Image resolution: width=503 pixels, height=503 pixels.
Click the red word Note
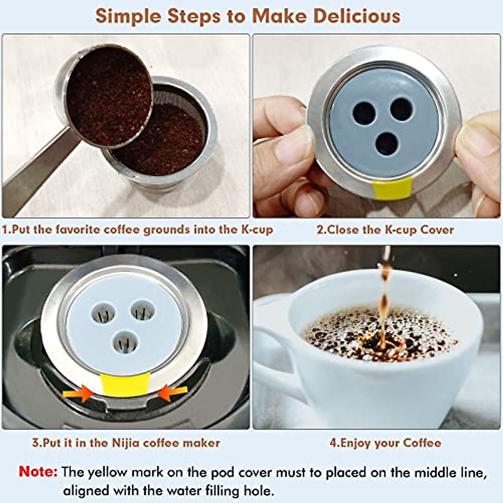38,472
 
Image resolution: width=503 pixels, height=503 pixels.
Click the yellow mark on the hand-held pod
392,188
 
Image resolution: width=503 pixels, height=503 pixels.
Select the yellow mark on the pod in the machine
125,385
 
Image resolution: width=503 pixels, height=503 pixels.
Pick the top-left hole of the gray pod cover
364,113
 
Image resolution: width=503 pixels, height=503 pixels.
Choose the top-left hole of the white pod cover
103,313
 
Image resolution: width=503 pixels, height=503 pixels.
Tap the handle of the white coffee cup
277,369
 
